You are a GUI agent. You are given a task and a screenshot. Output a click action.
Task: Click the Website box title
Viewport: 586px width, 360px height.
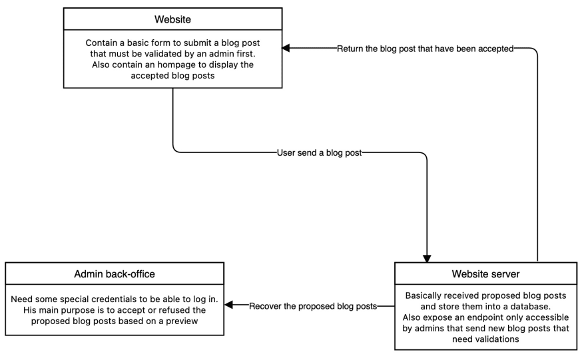pos(172,18)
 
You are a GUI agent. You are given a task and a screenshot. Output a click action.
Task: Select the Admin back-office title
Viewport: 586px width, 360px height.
pos(114,274)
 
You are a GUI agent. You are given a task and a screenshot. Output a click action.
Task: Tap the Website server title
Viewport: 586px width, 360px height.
pos(486,274)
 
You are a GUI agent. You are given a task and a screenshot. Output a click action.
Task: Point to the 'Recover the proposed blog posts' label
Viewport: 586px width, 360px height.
pos(313,306)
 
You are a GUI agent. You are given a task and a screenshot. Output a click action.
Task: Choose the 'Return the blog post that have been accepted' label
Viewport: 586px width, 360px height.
pos(426,49)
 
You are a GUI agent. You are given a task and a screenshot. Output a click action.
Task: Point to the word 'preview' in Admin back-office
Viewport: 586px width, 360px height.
pos(187,321)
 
